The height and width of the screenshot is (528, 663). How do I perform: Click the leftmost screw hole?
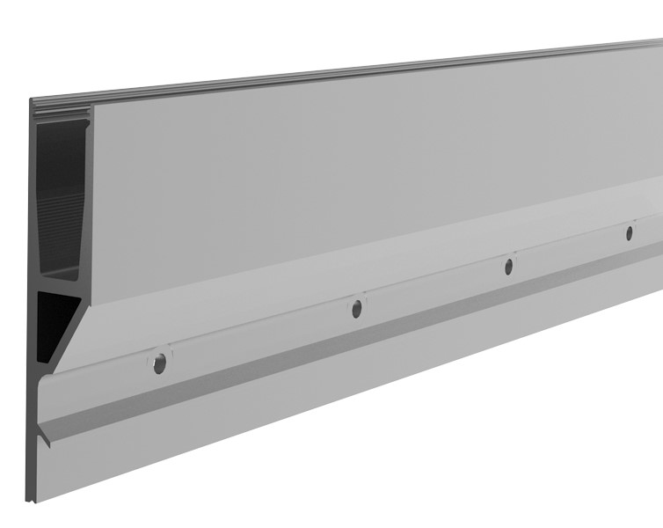159,363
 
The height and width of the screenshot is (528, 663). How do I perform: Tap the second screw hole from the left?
356,308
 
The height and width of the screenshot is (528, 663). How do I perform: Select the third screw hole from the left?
508,267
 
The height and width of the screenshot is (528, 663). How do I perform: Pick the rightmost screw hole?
629,233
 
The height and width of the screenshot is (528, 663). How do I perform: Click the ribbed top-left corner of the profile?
40,106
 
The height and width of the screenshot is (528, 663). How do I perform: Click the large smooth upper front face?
352,176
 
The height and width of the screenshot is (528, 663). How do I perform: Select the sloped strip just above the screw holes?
352,282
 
